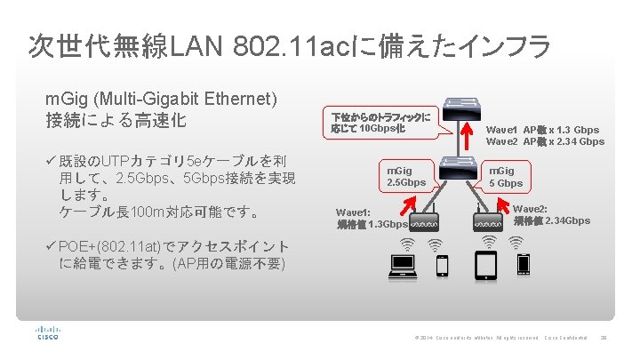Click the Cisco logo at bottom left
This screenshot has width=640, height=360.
tap(47, 334)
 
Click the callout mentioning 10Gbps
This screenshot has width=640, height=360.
tap(380, 123)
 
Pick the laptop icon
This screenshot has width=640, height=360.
tap(404, 263)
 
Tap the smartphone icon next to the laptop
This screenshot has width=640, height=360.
tap(441, 264)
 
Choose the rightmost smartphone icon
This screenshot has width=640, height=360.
tap(524, 264)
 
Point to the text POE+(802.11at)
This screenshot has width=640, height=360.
tap(108, 246)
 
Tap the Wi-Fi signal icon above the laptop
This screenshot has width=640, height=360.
tap(407, 243)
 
